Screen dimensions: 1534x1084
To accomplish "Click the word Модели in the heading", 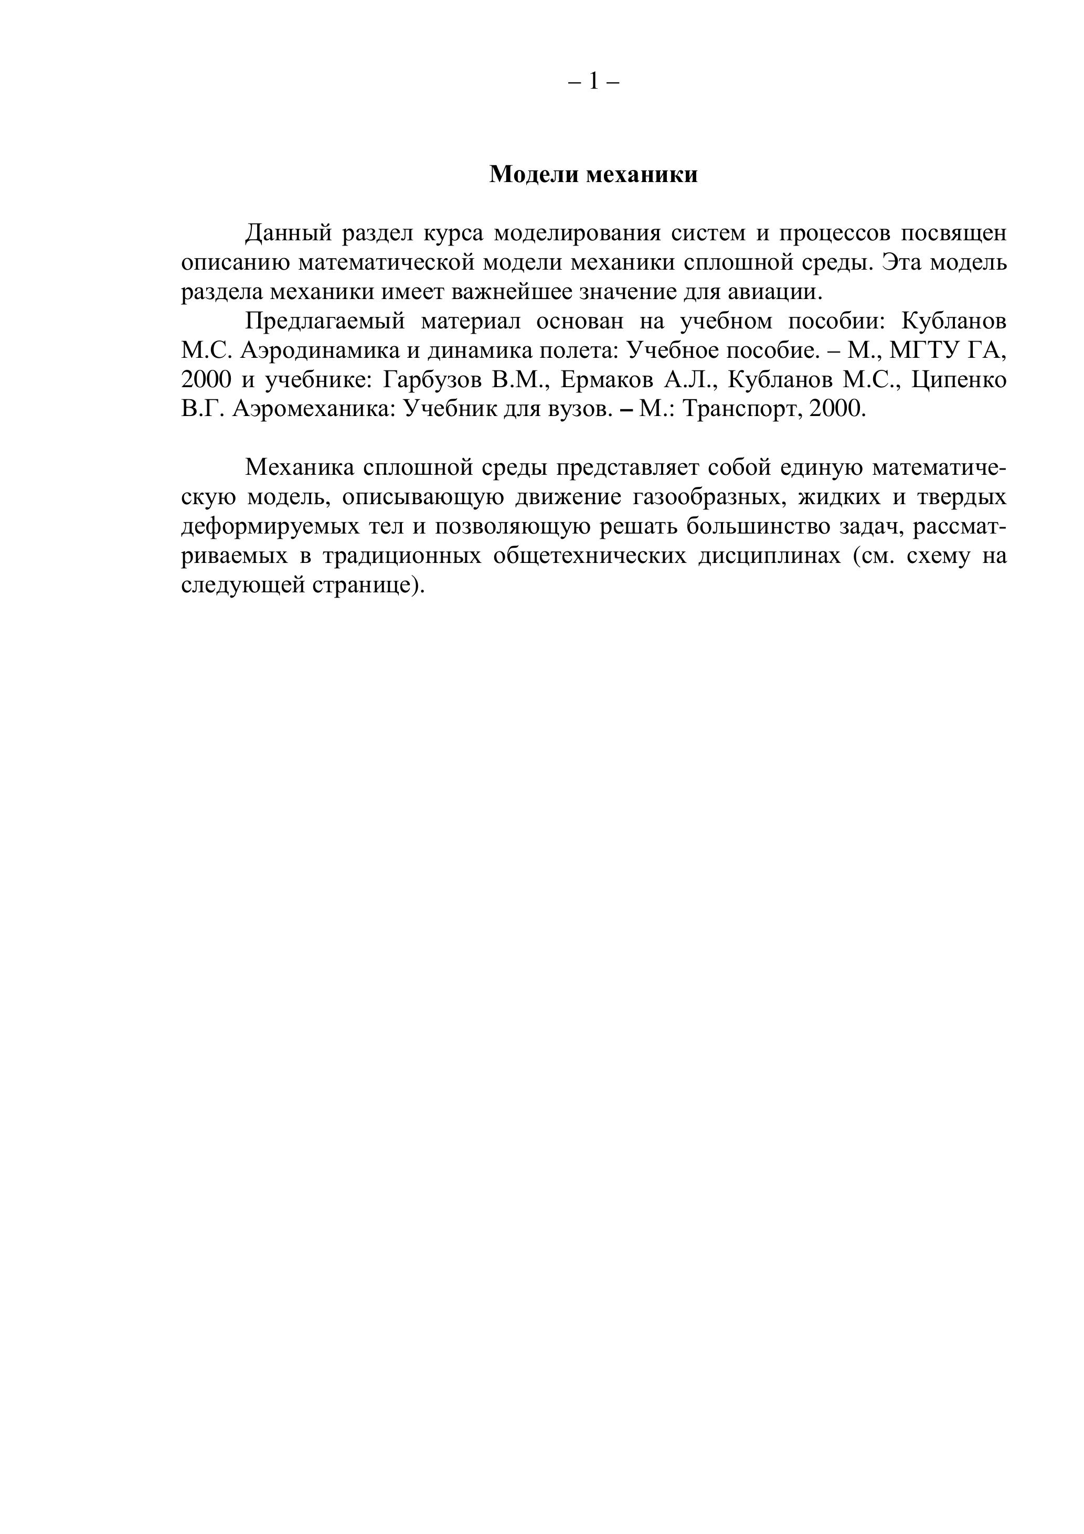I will pos(534,174).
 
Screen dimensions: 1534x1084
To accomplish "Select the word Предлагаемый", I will pos(325,322).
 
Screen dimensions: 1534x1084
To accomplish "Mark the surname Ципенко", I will pos(959,380).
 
